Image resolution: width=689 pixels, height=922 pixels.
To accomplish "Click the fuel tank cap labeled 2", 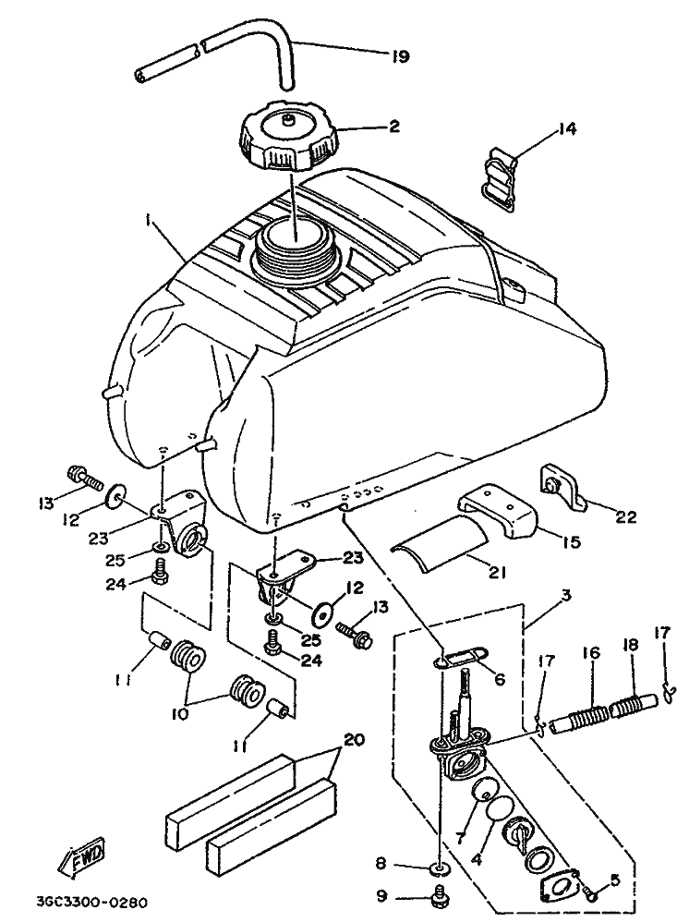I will (287, 137).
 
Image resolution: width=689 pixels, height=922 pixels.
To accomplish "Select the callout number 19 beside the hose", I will (400, 56).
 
